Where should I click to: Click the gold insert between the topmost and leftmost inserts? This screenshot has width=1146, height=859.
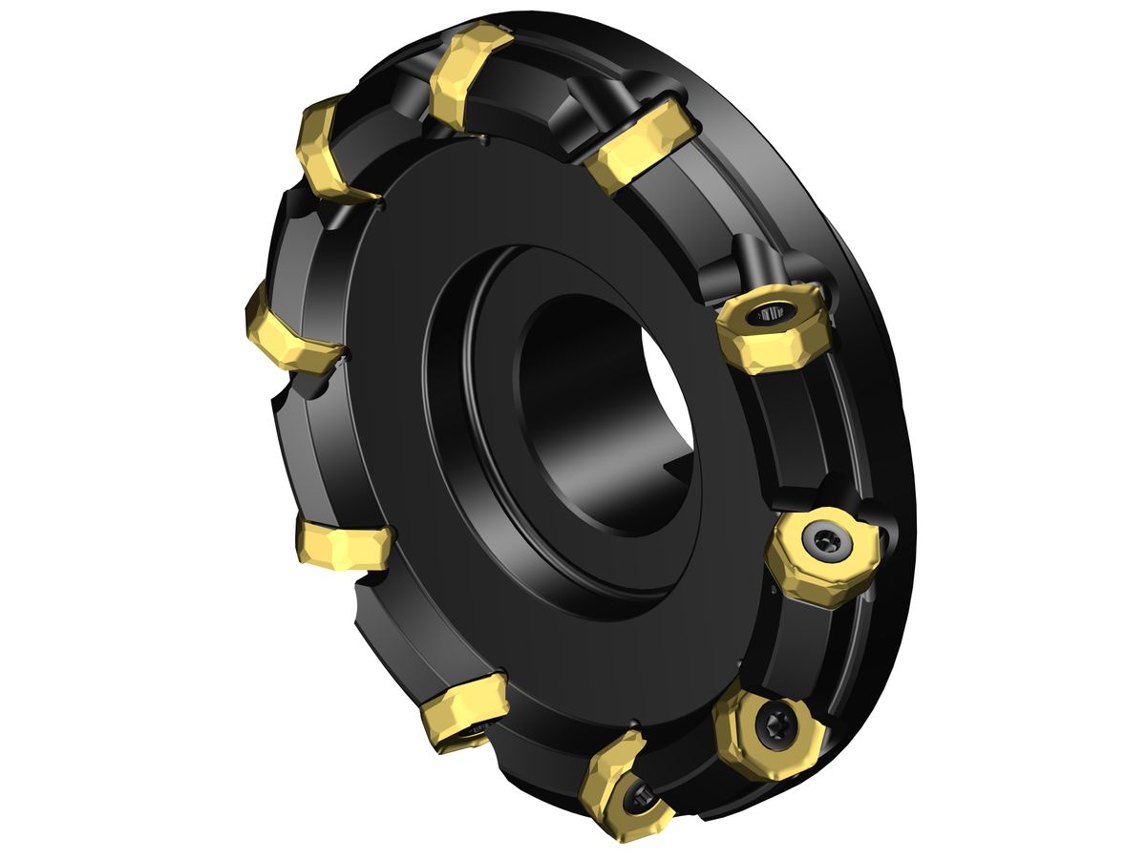click(329, 153)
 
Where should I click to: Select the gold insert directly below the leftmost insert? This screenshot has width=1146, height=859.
click(344, 544)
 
